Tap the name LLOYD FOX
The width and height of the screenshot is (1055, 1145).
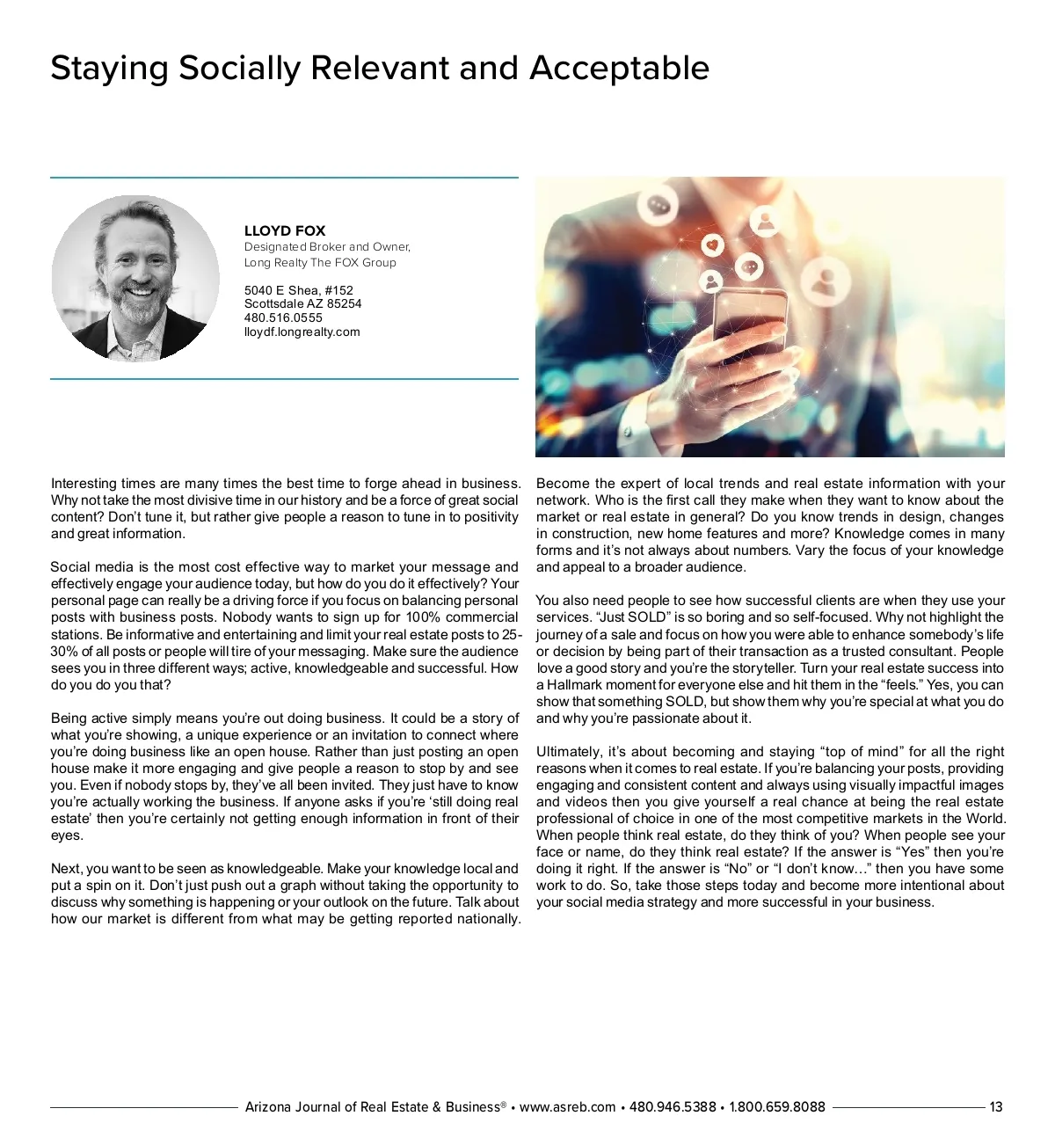click(285, 230)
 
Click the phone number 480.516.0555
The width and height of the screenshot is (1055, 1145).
click(283, 317)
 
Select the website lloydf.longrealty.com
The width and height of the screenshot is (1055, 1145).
click(302, 332)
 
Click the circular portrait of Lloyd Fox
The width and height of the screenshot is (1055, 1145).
click(135, 278)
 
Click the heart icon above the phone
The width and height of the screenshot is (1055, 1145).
click(713, 244)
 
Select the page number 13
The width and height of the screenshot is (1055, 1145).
click(995, 1107)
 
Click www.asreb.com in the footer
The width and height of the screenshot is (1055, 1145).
click(567, 1107)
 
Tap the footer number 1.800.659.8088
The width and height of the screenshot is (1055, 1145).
click(777, 1107)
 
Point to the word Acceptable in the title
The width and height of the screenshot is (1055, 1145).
click(619, 69)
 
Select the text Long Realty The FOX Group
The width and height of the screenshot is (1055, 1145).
click(320, 262)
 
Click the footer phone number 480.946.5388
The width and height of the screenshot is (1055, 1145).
click(673, 1107)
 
